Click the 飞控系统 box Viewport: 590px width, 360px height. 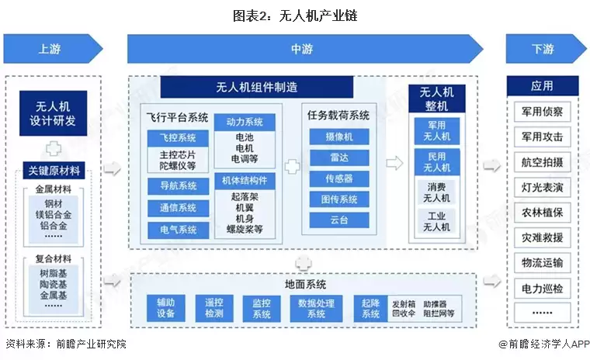click(178, 138)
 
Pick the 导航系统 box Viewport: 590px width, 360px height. click(178, 185)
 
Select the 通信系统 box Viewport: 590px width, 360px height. click(178, 208)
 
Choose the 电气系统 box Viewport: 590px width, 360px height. click(178, 230)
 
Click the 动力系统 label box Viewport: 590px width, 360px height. click(245, 122)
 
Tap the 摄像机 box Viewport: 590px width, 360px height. click(333, 137)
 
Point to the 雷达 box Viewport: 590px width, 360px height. click(333, 157)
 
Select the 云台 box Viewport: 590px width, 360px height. click(333, 220)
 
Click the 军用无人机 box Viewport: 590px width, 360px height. click(436, 130)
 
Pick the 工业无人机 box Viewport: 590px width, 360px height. click(436, 221)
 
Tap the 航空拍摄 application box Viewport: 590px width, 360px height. click(542, 161)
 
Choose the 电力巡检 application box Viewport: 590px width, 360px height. click(542, 289)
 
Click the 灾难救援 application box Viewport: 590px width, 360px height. click(542, 237)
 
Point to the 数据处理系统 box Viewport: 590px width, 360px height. click(316, 308)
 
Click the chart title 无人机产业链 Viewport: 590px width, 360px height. click(295, 15)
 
